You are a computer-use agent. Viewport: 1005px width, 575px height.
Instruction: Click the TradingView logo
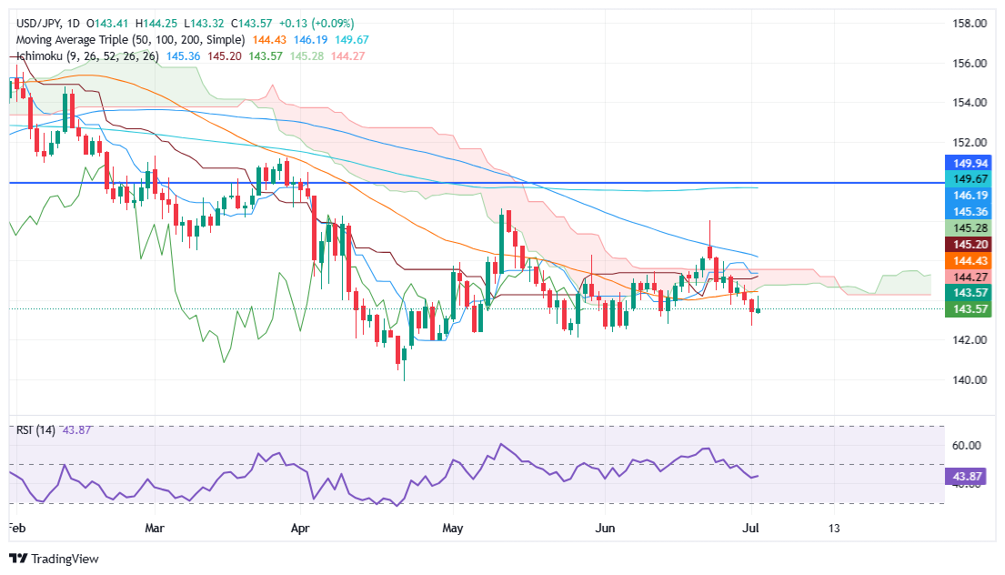coord(54,559)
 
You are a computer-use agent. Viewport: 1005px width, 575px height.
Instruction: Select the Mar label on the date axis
coord(155,528)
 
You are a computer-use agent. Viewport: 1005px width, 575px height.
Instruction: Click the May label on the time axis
coord(452,528)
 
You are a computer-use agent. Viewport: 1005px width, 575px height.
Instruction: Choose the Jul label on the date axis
coord(752,528)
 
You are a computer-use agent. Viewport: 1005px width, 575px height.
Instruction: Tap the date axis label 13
coord(834,528)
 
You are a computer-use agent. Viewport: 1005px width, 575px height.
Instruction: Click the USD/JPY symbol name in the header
coord(35,23)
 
